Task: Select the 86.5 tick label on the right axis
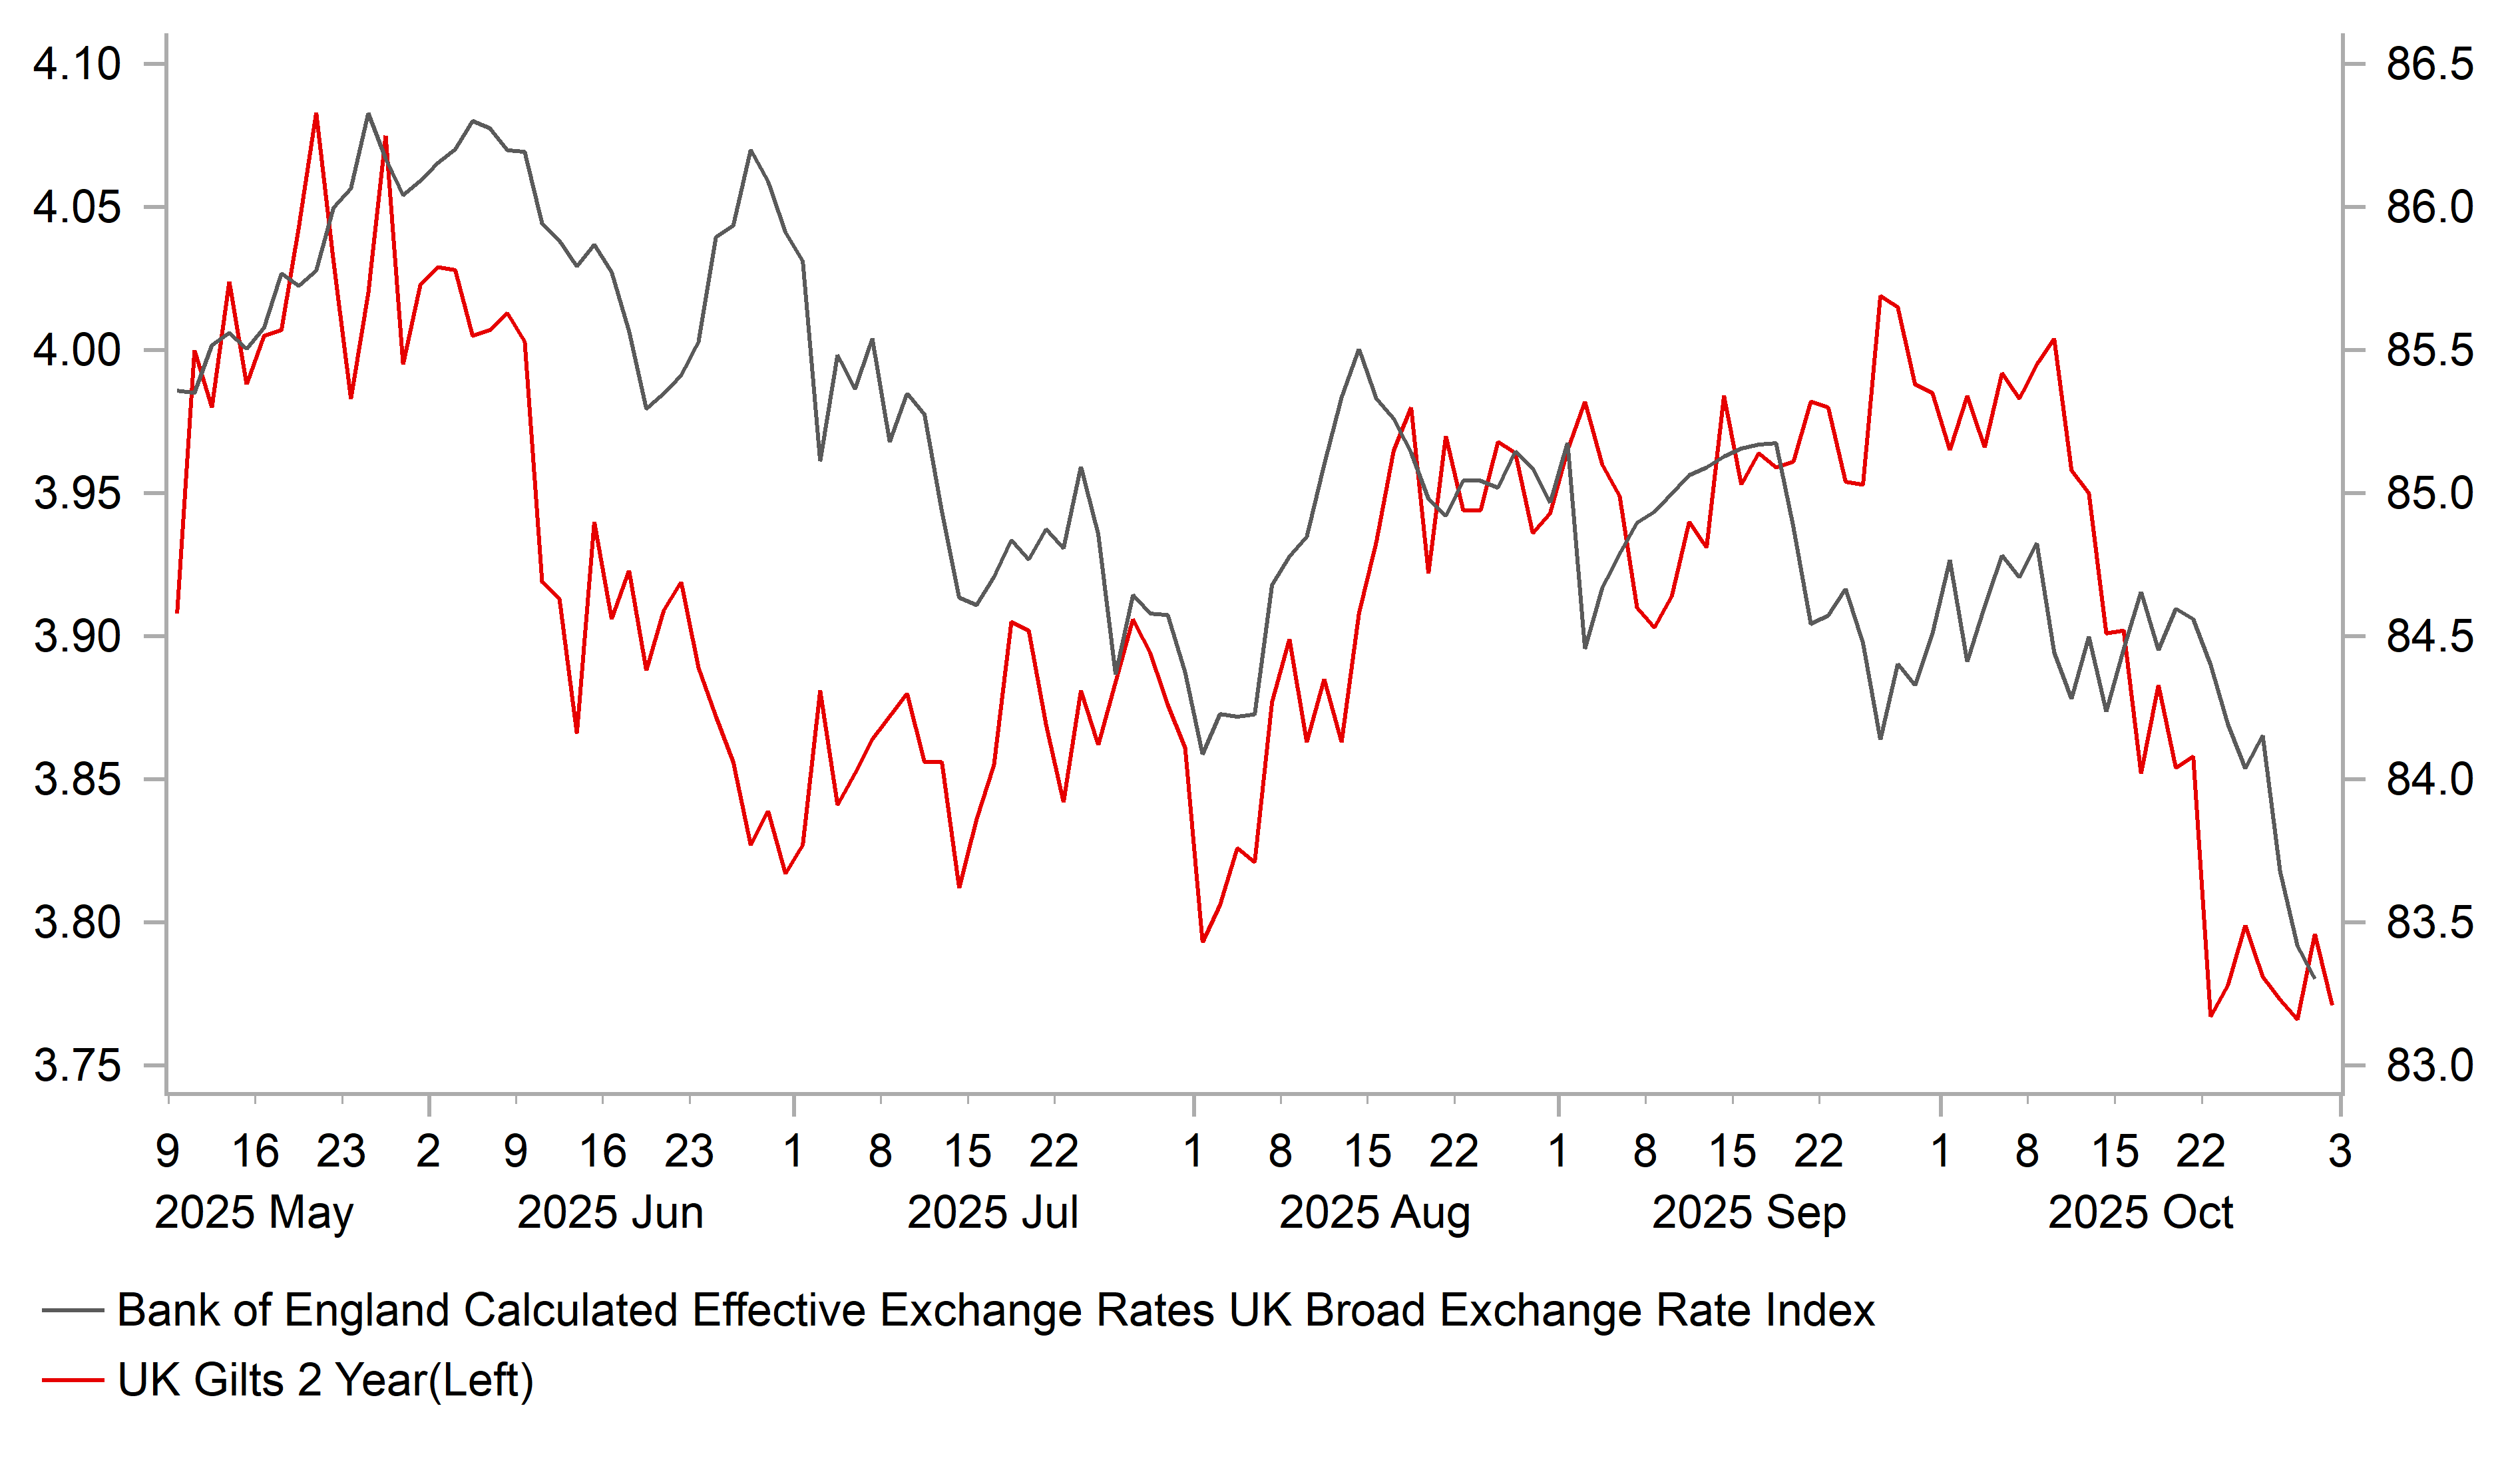pos(2428,65)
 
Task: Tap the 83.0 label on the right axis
pos(2428,1066)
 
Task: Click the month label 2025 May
pos(254,1213)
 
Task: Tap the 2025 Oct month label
pos(2140,1213)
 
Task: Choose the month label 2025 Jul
pos(992,1213)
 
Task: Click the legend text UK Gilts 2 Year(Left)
pos(325,1380)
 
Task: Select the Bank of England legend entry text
pos(995,1311)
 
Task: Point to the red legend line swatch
pos(73,1380)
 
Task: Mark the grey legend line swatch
pos(73,1311)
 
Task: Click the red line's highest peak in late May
pos(316,114)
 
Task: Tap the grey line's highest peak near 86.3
pos(368,114)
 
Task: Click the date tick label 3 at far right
pos(2340,1151)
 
